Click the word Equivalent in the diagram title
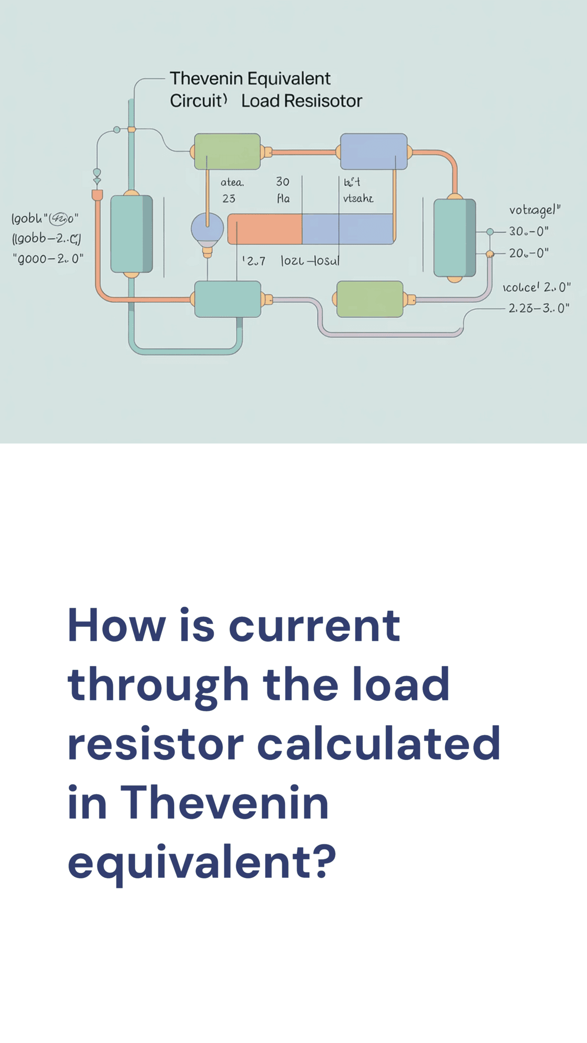point(289,79)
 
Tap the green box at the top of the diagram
point(227,152)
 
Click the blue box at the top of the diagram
point(374,152)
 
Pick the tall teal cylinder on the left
point(131,234)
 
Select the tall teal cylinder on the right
point(454,238)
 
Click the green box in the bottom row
point(370,299)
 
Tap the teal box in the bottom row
point(227,299)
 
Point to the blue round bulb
point(207,229)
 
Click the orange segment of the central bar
point(265,229)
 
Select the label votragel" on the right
point(535,210)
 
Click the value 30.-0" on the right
point(529,231)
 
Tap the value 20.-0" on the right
point(529,253)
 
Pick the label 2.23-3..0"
point(539,308)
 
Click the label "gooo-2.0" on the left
point(48,259)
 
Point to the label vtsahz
point(358,199)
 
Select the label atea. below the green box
point(232,182)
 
